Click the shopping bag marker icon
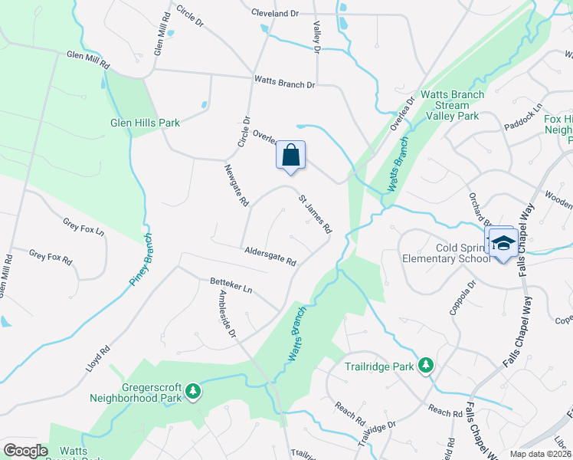290,155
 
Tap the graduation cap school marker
503,243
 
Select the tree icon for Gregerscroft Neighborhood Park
195,391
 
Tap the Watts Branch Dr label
284,84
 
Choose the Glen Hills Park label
145,122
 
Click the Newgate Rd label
237,186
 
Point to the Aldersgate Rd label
270,256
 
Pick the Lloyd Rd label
97,359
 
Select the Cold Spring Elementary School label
447,253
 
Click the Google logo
26,451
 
